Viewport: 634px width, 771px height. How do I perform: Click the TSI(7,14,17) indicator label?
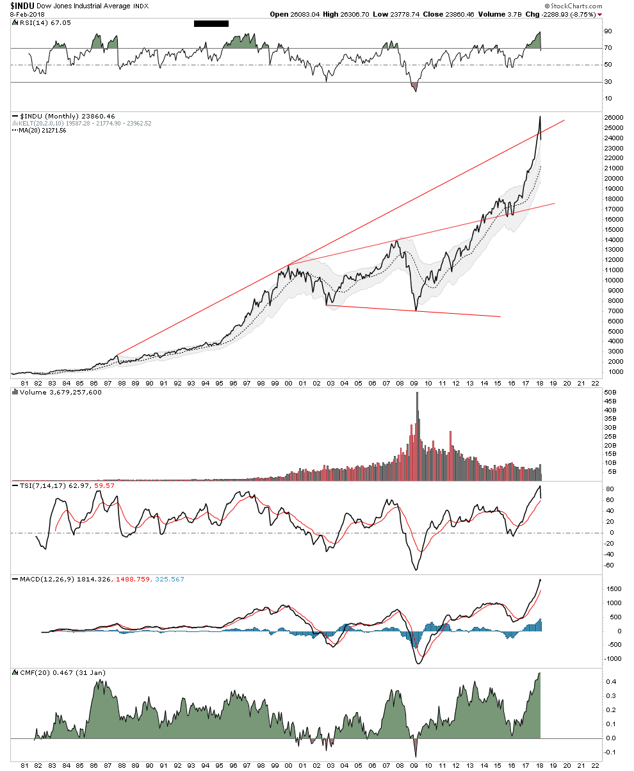pyautogui.click(x=39, y=486)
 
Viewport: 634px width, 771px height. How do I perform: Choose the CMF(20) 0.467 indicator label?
pyautogui.click(x=45, y=672)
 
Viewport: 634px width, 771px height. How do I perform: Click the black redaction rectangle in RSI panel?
pyautogui.click(x=211, y=24)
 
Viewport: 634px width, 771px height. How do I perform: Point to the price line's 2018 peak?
pyautogui.click(x=540, y=117)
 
